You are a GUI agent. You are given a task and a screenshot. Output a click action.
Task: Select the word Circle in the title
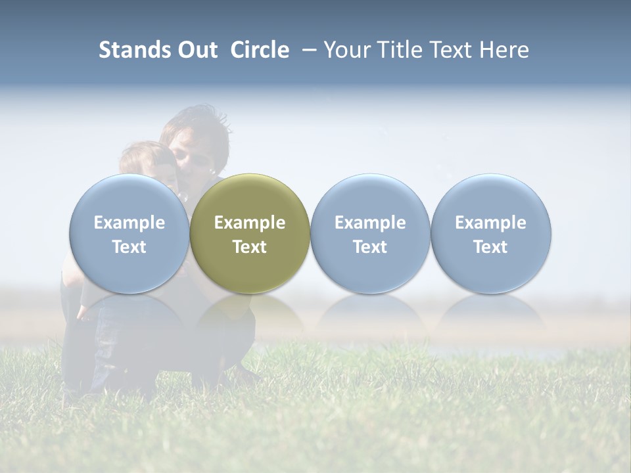click(260, 50)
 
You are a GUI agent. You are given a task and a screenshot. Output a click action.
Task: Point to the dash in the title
click(306, 50)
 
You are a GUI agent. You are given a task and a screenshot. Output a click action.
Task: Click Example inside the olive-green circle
click(250, 223)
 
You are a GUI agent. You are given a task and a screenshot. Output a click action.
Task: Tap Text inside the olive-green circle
click(250, 247)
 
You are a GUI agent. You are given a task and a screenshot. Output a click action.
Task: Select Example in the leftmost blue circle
click(129, 223)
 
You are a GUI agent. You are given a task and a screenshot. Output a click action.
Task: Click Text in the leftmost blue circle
click(129, 247)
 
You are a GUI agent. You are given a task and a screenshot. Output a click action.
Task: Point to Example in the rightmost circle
click(490, 223)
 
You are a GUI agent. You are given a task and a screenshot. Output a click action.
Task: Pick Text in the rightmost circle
click(490, 247)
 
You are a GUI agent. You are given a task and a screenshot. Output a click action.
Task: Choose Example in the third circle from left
click(370, 223)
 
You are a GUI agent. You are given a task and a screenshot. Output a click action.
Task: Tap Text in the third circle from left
click(370, 247)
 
